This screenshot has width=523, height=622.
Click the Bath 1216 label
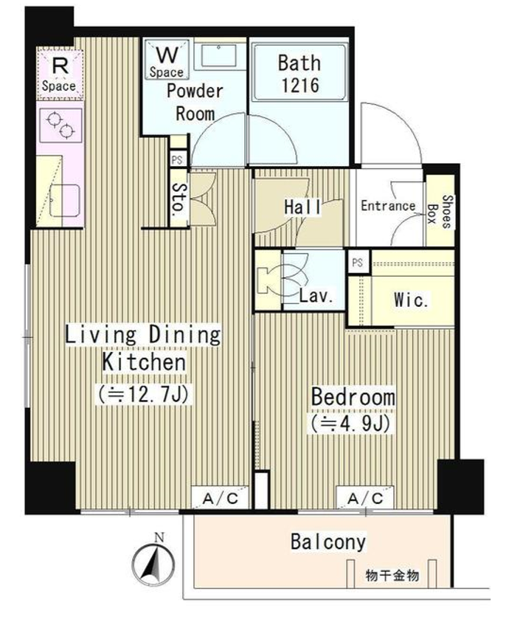pos(299,75)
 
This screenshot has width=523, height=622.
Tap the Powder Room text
pos(195,103)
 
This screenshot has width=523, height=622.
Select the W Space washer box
pos(167,59)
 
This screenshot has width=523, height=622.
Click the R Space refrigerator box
pos(60,75)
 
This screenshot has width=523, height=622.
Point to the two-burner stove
pos(60,124)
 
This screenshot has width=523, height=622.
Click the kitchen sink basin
pos(65,201)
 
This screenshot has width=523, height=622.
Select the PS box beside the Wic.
pos(358,262)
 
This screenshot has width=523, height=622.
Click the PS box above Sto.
pos(177,159)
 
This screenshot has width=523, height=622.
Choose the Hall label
pos(302,207)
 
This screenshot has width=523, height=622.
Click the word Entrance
pos(388,205)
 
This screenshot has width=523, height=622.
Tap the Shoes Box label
pos(440,212)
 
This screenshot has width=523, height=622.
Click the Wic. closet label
pos(411,300)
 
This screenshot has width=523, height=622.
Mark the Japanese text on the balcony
pos(392,576)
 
